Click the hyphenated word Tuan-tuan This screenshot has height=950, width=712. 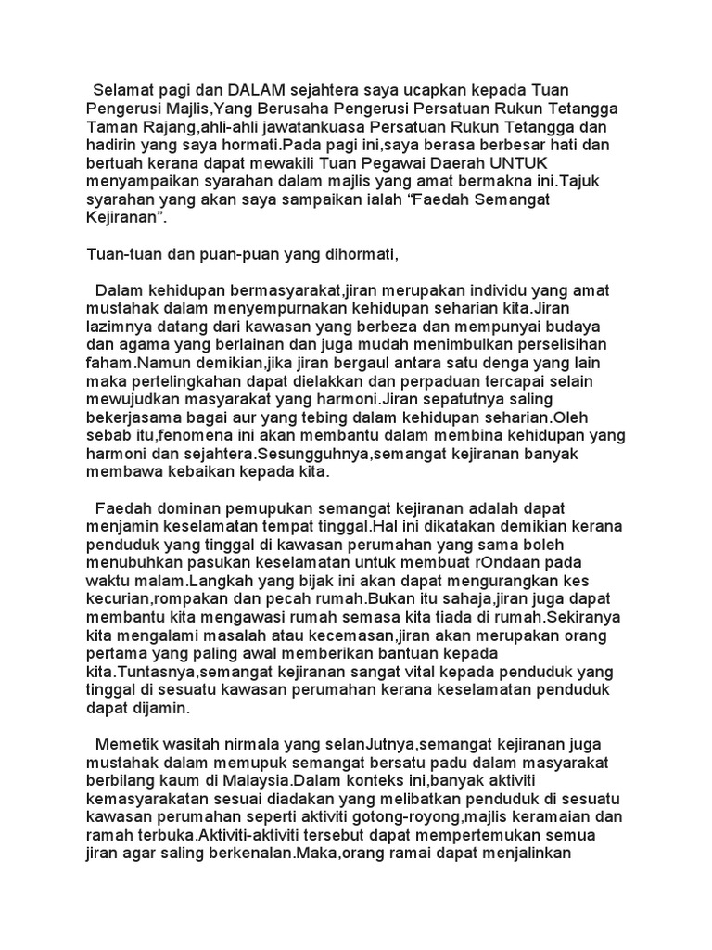click(121, 253)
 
